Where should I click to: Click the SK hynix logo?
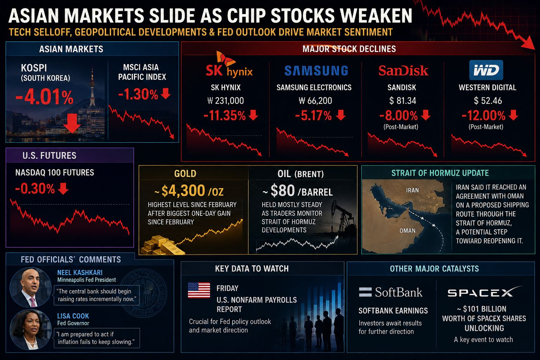229,65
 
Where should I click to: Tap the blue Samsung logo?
316,71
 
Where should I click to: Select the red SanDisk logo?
403,70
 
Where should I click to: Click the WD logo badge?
486,70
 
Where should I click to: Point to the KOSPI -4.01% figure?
44,97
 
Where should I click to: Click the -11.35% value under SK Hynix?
224,116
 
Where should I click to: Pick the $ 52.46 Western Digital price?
488,101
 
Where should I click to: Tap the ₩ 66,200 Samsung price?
315,101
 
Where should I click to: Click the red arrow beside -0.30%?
63,188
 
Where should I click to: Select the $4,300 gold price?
183,191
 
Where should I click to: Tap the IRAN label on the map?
412,190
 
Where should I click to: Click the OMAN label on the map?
407,231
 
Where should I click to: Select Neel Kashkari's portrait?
31,287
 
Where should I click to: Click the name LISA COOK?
73,316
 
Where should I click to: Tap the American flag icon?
199,290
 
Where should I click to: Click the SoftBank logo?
391,292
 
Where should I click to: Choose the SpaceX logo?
484,292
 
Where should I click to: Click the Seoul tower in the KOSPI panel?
92,87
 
